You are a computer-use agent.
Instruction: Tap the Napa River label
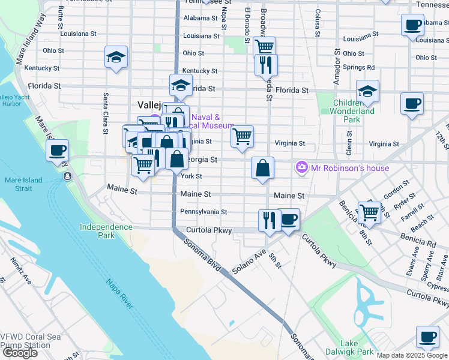pos(120,293)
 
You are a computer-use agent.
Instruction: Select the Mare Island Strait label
pos(26,184)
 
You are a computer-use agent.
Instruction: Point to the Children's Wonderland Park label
pos(354,107)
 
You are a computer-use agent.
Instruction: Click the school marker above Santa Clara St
pos(116,58)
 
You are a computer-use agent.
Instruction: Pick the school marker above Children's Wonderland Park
pos(367,91)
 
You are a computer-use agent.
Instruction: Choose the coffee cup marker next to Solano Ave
pos(289,220)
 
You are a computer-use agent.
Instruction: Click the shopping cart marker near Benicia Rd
pos(369,212)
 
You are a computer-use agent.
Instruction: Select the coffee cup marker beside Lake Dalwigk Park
pos(427,337)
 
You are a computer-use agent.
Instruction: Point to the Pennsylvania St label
pos(203,212)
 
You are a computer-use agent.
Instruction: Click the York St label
pos(191,176)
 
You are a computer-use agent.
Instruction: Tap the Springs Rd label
pos(359,68)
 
